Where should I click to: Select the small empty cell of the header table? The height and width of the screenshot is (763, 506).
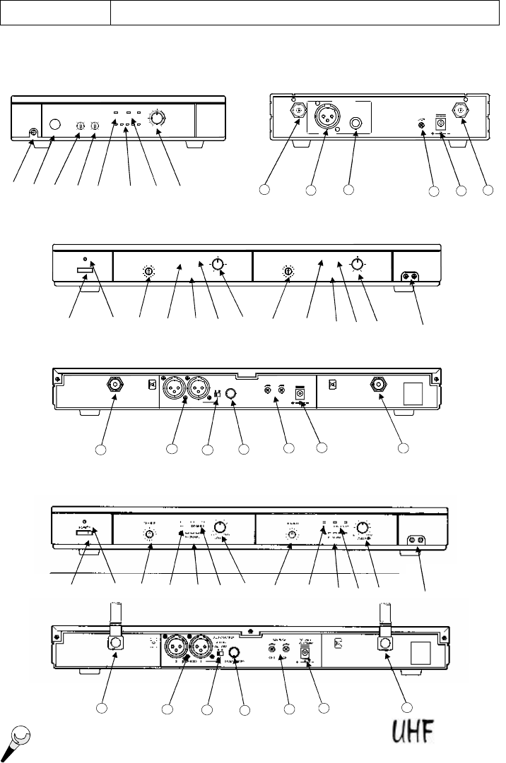[x=56, y=13]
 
